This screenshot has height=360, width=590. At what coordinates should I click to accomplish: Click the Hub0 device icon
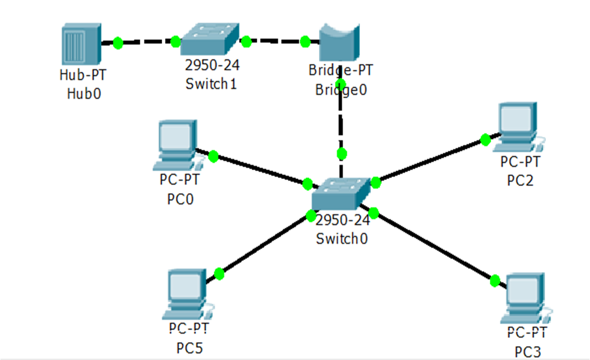[x=82, y=44]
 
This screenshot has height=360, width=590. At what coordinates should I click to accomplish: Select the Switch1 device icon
[x=210, y=39]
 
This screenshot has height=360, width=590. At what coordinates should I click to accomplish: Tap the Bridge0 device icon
[x=340, y=42]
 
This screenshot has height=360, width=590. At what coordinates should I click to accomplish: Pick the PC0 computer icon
[x=177, y=145]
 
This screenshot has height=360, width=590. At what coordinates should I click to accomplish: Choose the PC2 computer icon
[x=519, y=127]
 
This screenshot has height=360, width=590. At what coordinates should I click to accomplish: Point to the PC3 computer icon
[x=526, y=298]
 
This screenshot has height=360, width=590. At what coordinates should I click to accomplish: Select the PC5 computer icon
[x=188, y=294]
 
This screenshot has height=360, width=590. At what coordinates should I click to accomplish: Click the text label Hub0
[x=84, y=94]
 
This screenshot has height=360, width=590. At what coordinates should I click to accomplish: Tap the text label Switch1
[x=211, y=84]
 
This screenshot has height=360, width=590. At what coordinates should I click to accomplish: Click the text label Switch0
[x=342, y=239]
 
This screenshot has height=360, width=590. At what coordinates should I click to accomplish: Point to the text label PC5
[x=190, y=348]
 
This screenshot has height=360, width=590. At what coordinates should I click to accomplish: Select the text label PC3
[x=528, y=352]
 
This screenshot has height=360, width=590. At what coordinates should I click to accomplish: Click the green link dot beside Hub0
[x=118, y=43]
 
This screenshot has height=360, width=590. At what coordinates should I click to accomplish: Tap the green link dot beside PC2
[x=486, y=139]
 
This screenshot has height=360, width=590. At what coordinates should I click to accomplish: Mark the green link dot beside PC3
[x=495, y=281]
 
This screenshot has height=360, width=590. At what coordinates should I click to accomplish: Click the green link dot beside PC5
[x=219, y=274]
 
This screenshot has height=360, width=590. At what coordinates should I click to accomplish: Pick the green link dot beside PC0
[x=213, y=157]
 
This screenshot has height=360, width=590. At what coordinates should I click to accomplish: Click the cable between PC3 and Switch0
[x=433, y=246]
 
